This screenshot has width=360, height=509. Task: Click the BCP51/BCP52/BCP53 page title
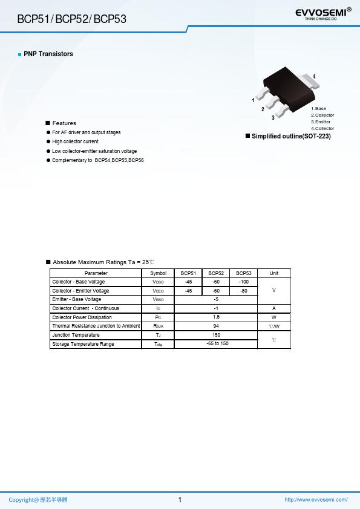72,19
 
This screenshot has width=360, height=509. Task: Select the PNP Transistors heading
48,54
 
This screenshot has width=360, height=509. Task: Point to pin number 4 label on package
314,76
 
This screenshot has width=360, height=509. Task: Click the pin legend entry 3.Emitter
321,122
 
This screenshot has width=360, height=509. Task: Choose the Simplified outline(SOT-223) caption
291,137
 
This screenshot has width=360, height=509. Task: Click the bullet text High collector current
75,141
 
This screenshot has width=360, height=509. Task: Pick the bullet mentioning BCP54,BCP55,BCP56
97,160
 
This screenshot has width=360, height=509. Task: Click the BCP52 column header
216,273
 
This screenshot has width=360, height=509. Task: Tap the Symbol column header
158,273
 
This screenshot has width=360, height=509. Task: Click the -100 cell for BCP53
243,282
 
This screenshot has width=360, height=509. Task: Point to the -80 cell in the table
243,291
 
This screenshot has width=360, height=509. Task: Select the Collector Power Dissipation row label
82,317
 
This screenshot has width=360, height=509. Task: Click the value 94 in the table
216,326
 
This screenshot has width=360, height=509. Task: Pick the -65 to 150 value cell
216,343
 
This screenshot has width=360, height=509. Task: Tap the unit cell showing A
273,308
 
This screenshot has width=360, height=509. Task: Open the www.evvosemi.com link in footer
316,500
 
